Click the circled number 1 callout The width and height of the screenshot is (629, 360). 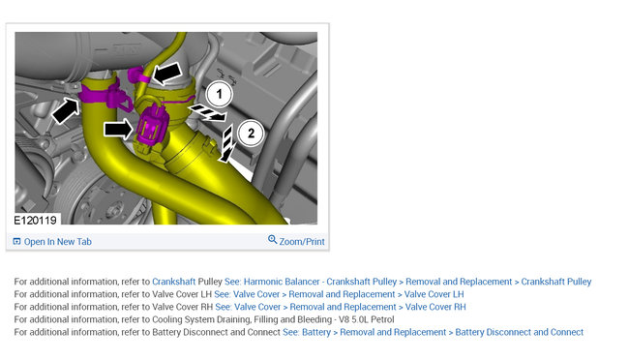219,94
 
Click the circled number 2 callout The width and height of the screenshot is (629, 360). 251,133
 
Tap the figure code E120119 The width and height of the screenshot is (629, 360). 35,221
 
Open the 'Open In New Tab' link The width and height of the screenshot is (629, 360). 58,242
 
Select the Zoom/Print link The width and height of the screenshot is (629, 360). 302,242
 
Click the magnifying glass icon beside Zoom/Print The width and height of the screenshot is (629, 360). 272,240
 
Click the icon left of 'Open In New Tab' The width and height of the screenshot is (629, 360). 16,242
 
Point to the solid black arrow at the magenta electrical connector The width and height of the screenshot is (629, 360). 118,130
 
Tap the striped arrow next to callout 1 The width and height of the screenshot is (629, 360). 208,113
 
